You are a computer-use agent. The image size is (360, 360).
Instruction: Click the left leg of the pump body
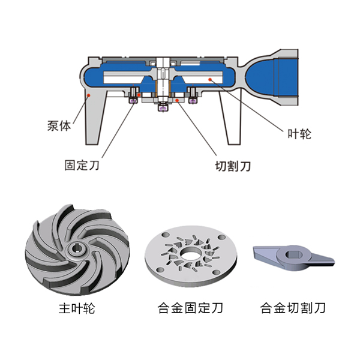(x=96, y=123)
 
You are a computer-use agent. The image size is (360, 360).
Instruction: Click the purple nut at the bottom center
(x=161, y=107)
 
